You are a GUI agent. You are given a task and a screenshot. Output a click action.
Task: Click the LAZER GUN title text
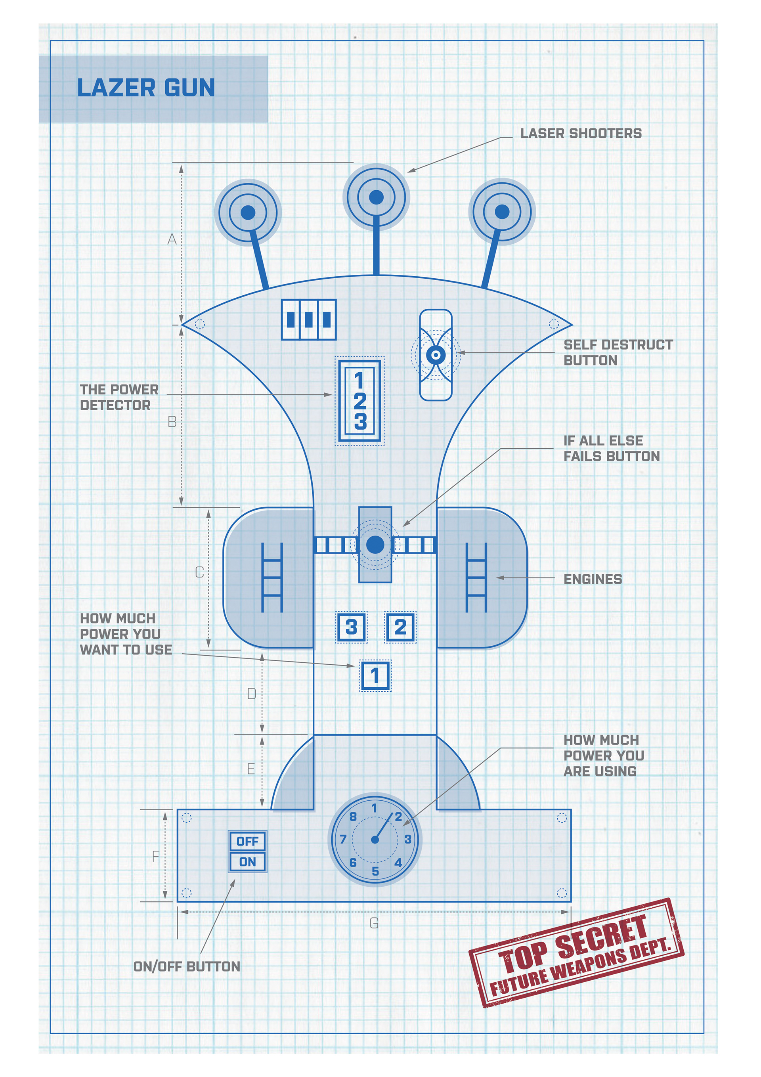[x=145, y=88]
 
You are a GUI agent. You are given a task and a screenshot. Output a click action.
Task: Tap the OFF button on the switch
[x=247, y=842]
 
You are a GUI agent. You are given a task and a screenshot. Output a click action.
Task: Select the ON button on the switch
[x=247, y=862]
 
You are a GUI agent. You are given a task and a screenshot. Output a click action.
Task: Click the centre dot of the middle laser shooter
[x=376, y=197]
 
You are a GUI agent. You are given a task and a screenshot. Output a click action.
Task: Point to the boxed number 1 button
[x=375, y=676]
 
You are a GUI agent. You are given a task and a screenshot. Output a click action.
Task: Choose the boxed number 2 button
[x=400, y=627]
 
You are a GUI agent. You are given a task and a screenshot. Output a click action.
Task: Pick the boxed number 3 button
[x=352, y=627]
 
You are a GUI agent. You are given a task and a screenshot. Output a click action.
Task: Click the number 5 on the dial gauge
[x=375, y=872]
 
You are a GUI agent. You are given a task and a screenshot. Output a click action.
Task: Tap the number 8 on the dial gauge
[x=353, y=817]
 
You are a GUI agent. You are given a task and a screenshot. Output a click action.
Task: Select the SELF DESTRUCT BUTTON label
[x=618, y=352]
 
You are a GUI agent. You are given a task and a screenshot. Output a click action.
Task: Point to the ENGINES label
[x=593, y=579]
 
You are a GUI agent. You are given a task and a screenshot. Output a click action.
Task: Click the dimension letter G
[x=374, y=923]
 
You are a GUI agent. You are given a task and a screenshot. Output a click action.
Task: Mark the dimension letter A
[x=172, y=240]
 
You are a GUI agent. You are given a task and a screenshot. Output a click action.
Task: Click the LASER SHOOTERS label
[x=581, y=134]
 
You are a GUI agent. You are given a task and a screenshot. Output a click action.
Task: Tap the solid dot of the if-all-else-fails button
[x=375, y=545]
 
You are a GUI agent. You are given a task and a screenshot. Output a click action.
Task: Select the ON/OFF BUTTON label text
[x=187, y=967]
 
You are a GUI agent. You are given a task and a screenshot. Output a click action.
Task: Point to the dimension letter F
[x=156, y=857]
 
